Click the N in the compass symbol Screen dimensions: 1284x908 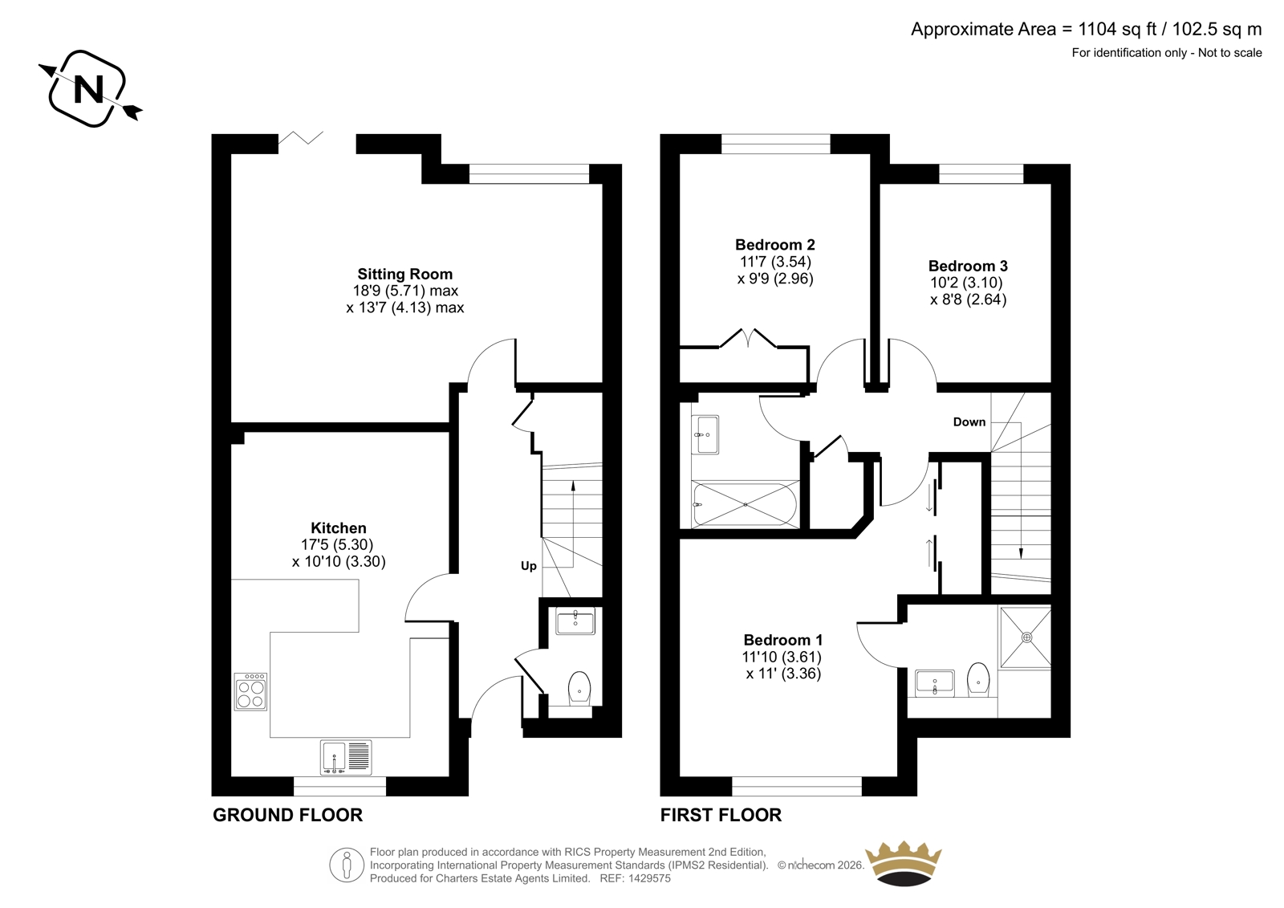click(89, 89)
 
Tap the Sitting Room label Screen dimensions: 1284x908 click(404, 275)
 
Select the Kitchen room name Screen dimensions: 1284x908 click(338, 527)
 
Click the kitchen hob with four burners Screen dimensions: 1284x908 click(250, 691)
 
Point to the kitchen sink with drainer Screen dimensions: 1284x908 click(346, 757)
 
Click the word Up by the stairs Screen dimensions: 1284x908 click(529, 566)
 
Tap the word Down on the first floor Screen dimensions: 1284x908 click(969, 422)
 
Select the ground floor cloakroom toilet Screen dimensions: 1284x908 click(579, 689)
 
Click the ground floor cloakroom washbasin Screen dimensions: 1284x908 click(575, 621)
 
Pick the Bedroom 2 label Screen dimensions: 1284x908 click(775, 245)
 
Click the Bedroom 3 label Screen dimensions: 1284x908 click(968, 267)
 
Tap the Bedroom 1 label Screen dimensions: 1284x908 click(783, 640)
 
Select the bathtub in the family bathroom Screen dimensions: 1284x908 click(746, 505)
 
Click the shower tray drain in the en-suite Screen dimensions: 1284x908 click(1026, 637)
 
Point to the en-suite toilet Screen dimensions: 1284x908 click(978, 680)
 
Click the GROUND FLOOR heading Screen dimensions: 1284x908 click(288, 815)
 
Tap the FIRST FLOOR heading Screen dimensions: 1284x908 click(721, 815)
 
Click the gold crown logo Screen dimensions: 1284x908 click(904, 863)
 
